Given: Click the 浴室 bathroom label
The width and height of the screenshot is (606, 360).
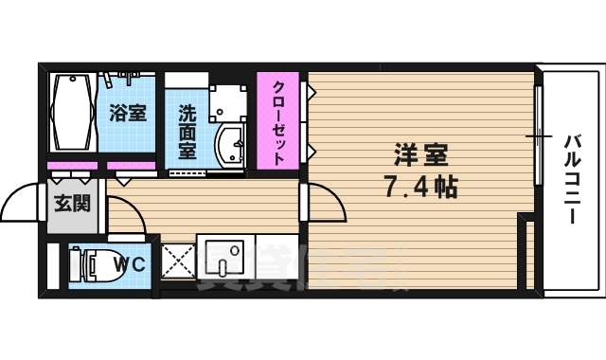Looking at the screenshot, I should [128, 114].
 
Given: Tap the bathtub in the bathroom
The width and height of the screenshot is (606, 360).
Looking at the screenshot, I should [73, 113].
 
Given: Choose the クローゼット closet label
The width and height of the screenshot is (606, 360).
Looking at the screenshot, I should [279, 120].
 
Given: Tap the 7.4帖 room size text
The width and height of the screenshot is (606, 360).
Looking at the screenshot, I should [420, 186].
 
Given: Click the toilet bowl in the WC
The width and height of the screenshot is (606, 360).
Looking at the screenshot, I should [88, 264].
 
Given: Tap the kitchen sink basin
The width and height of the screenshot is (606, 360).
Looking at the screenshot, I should [224, 257].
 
